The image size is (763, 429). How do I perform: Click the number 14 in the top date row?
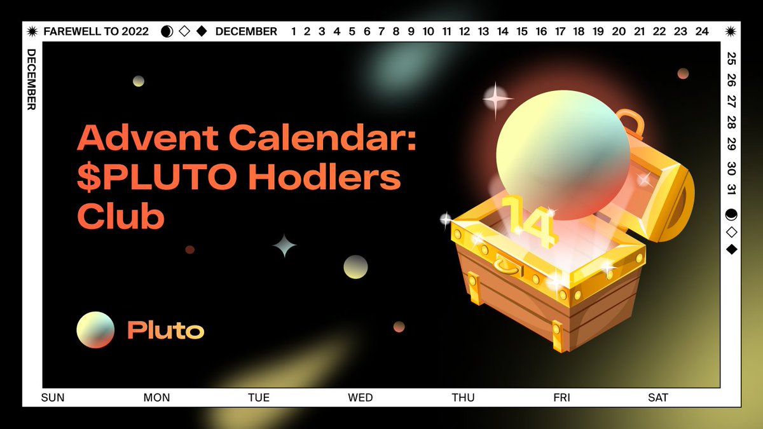coord(503,31)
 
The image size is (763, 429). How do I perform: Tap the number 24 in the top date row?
coord(702,31)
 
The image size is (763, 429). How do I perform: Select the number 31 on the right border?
coord(731,189)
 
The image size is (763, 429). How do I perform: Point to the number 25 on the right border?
coord(731,59)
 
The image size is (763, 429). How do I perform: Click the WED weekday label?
coord(361,398)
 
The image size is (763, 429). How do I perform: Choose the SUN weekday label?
coord(53,398)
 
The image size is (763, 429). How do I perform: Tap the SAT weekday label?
coord(658,398)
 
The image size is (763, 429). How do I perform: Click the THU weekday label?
coord(463,398)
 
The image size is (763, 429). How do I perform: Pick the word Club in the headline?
coord(121,217)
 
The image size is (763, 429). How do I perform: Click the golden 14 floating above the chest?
coord(530,219)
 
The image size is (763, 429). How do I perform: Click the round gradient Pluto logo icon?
coord(95,330)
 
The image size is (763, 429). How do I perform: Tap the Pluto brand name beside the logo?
coord(165,330)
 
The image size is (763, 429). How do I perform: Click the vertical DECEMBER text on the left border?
coord(31,79)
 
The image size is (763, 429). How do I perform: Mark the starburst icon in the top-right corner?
coord(731,31)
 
